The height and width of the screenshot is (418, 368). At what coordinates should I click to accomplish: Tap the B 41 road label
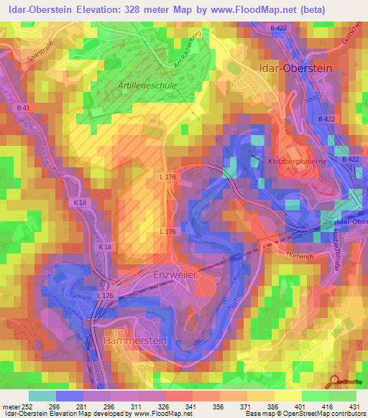coord(22,108)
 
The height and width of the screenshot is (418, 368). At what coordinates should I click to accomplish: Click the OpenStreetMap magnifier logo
coord(336,381)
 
